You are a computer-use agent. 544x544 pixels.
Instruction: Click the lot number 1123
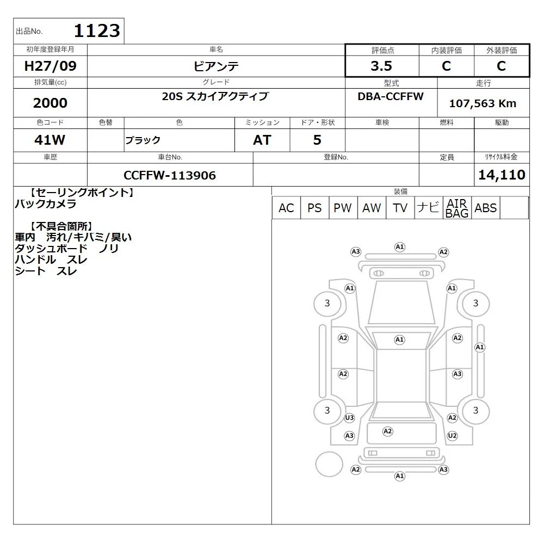[x=97, y=30]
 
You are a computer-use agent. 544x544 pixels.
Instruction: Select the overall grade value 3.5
[x=381, y=66]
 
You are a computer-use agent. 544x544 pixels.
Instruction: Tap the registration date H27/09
[x=50, y=66]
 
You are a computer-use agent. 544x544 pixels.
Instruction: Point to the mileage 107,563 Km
[x=483, y=103]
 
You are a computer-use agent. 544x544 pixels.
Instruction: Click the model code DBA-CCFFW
[x=391, y=96]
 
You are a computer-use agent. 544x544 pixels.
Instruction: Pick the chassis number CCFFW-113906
[x=170, y=175]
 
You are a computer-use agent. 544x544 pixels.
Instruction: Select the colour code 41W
[x=50, y=140]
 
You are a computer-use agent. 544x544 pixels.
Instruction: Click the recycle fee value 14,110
[x=502, y=175]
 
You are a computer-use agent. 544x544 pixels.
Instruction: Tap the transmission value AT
[x=262, y=140]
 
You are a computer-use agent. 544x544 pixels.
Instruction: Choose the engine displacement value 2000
[x=50, y=103]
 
